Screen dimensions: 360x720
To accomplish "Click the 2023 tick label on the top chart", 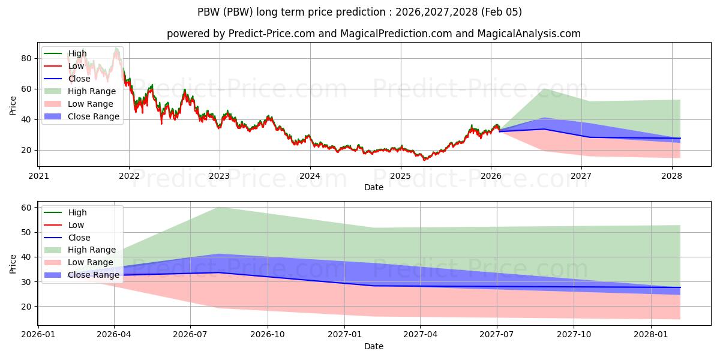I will [220, 176].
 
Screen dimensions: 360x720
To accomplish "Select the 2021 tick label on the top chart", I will [39, 176].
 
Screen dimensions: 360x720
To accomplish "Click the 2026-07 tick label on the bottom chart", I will [190, 334].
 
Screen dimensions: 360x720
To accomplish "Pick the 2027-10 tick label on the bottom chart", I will [574, 334].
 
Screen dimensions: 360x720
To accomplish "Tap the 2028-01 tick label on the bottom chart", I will [651, 334].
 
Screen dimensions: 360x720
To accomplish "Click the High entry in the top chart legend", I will [77, 53].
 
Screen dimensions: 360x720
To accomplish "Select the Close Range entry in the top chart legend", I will [94, 116].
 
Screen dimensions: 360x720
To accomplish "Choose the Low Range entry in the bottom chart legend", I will [91, 262].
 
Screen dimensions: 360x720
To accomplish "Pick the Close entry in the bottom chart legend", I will [79, 238].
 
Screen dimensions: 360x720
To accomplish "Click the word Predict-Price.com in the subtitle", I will [274, 34].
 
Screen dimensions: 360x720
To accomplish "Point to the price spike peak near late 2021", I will [116, 48].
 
